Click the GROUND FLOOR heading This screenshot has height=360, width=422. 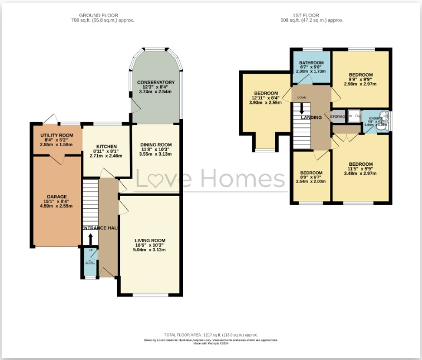(102, 15)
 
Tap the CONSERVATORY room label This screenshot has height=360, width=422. (156, 83)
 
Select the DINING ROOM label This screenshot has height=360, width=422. (156, 145)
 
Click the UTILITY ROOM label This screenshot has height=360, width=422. (57, 135)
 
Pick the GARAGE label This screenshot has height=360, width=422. (57, 196)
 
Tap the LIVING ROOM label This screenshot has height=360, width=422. (150, 241)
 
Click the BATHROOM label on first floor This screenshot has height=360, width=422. (311, 63)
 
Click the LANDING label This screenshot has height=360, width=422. (311, 118)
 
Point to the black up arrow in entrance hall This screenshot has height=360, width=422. (90, 238)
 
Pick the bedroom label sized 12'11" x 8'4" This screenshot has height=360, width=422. (266, 93)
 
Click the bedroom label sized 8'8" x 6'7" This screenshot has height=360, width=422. (311, 173)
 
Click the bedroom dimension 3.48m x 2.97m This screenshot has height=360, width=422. (361, 173)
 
